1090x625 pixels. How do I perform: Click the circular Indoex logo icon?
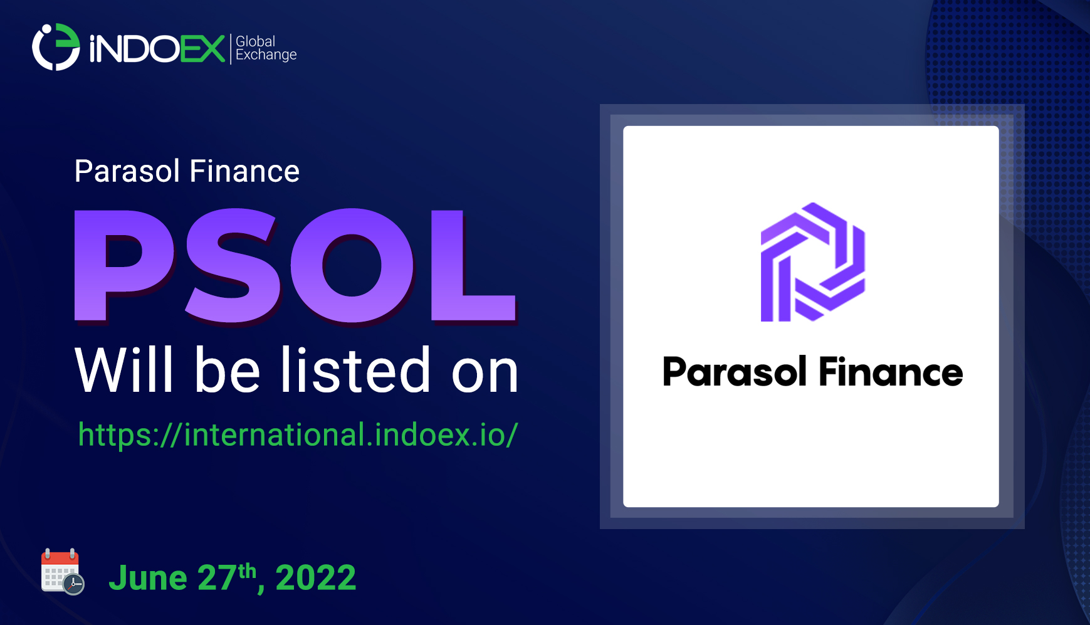56,47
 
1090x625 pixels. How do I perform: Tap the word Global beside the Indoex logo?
255,41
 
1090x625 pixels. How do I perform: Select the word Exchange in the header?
266,55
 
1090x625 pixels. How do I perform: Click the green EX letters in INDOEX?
202,49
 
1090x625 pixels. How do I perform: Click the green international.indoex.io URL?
298,434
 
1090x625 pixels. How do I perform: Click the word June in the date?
148,577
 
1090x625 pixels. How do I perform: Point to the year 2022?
315,577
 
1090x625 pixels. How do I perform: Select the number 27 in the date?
217,577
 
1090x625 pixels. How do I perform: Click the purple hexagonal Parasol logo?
812,262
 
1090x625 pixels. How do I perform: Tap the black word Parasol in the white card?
734,372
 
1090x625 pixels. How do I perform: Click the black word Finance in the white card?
890,372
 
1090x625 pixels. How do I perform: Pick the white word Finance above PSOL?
244,171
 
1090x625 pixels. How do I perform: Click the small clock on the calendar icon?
74,584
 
